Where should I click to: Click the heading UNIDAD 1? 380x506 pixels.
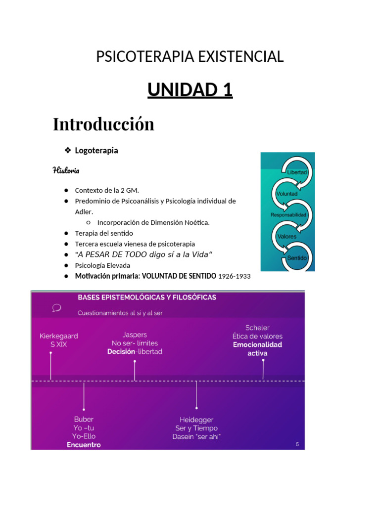[x=190, y=90]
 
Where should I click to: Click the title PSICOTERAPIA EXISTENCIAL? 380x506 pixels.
[x=190, y=57]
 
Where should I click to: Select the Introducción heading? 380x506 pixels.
[x=103, y=124]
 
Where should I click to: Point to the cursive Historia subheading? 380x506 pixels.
[x=66, y=170]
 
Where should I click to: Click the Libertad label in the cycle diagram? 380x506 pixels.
[x=297, y=172]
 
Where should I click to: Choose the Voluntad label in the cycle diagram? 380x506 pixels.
[x=286, y=194]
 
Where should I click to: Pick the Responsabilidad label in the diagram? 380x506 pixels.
[x=289, y=215]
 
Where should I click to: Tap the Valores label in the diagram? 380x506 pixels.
[x=287, y=236]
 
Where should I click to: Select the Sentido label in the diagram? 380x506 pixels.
[x=297, y=258]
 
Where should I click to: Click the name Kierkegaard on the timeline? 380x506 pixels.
[x=58, y=336]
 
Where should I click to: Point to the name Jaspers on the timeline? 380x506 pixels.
[x=135, y=335]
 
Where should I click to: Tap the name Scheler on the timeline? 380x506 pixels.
[x=257, y=328]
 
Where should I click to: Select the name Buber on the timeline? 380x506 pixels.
[x=84, y=420]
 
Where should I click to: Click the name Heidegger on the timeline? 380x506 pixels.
[x=196, y=420]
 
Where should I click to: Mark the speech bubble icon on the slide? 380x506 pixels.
[x=56, y=308]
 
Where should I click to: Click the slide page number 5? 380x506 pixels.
[x=297, y=444]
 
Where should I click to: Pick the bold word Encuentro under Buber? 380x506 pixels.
[x=84, y=445]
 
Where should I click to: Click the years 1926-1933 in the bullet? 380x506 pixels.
[x=235, y=276]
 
